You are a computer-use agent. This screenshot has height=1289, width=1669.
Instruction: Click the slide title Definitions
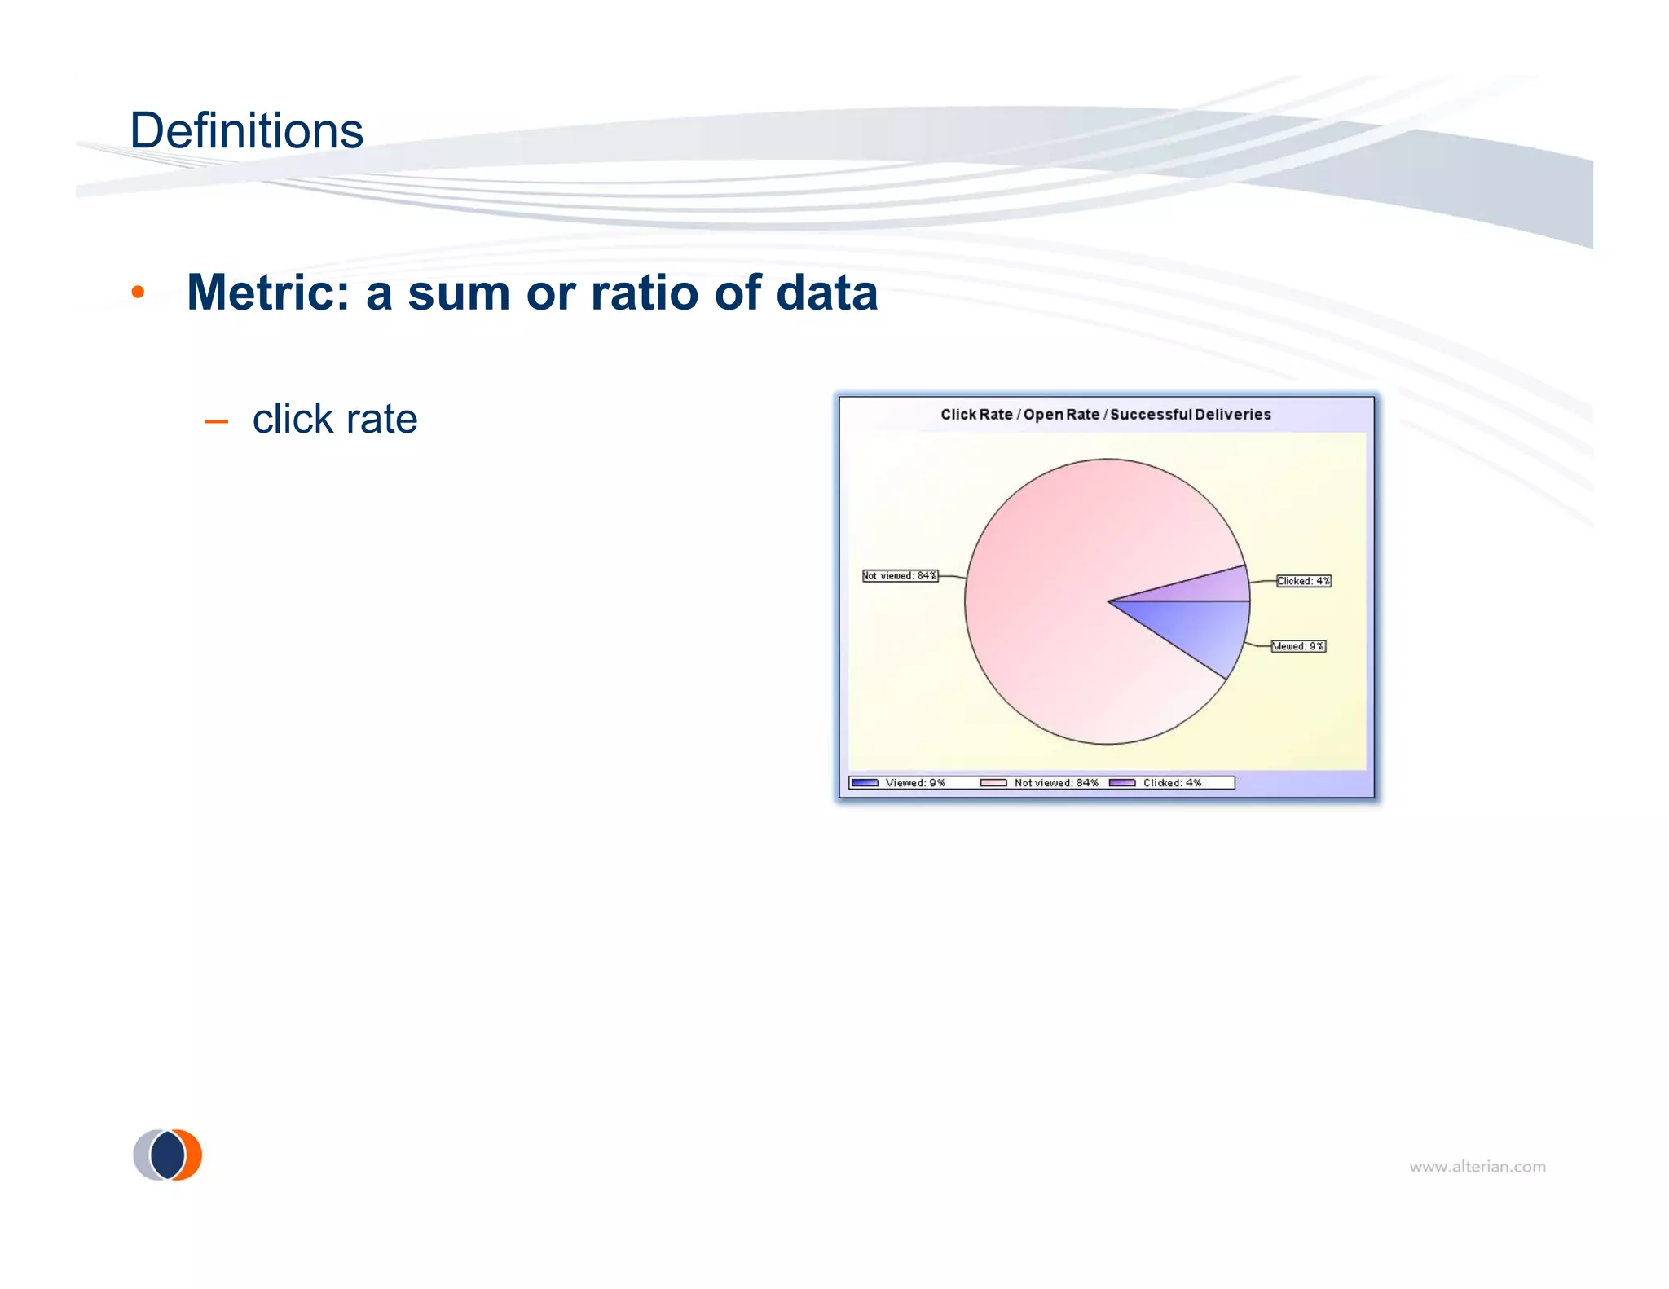[246, 130]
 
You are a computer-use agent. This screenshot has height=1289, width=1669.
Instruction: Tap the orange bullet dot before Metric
[138, 292]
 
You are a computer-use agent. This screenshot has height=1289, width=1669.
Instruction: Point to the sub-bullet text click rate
[335, 419]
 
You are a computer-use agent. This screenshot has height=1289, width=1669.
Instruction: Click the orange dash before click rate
[216, 421]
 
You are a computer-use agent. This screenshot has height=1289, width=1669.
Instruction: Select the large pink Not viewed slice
[1051, 603]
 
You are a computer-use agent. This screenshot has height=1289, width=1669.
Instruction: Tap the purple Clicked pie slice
[1214, 585]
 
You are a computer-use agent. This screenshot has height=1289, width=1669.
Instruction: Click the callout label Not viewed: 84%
[900, 575]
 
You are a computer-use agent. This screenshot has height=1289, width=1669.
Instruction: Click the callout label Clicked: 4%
[1303, 581]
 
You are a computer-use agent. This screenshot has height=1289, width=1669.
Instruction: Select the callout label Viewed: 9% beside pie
[1298, 646]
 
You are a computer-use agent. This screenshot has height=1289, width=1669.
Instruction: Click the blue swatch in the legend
[864, 783]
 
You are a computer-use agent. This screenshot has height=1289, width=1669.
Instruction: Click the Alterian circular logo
[168, 1155]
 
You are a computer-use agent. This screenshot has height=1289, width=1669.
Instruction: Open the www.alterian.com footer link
[1477, 1167]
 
